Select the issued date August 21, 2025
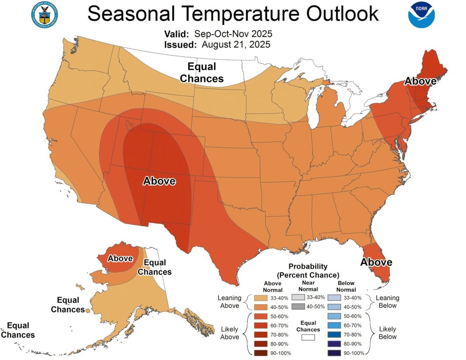[236, 44]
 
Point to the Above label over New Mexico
[159, 181]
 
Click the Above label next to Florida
[376, 262]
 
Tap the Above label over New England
[420, 81]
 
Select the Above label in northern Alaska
[120, 258]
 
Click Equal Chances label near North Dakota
[202, 72]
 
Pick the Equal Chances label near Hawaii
[18, 331]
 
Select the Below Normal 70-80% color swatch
[335, 335]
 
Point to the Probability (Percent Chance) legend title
[307, 271]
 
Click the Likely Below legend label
[387, 333]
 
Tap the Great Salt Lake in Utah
[129, 125]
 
